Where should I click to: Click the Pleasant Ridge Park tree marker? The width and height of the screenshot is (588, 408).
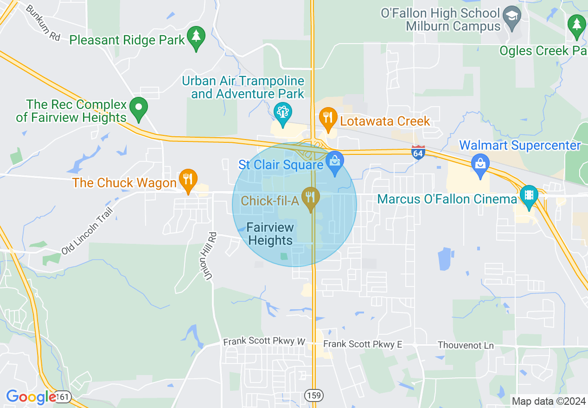coord(196,37)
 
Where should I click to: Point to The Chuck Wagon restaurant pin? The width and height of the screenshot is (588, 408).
coord(188,179)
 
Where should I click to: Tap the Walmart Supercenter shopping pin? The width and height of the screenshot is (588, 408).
coord(480,165)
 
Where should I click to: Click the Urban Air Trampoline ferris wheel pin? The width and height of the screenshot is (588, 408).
coord(282,113)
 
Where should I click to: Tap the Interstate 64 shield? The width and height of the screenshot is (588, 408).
coord(418,152)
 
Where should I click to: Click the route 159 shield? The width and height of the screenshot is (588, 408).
coord(314,395)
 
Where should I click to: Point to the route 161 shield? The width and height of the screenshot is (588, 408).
coord(63,396)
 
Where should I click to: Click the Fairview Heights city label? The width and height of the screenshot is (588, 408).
coord(270,234)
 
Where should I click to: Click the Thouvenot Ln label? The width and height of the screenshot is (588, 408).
coord(466,345)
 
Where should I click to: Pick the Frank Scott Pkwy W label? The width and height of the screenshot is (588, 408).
coord(264,342)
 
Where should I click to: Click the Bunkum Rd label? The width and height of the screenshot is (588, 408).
coord(43,23)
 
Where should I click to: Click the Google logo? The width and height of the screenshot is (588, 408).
coord(31,397)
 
